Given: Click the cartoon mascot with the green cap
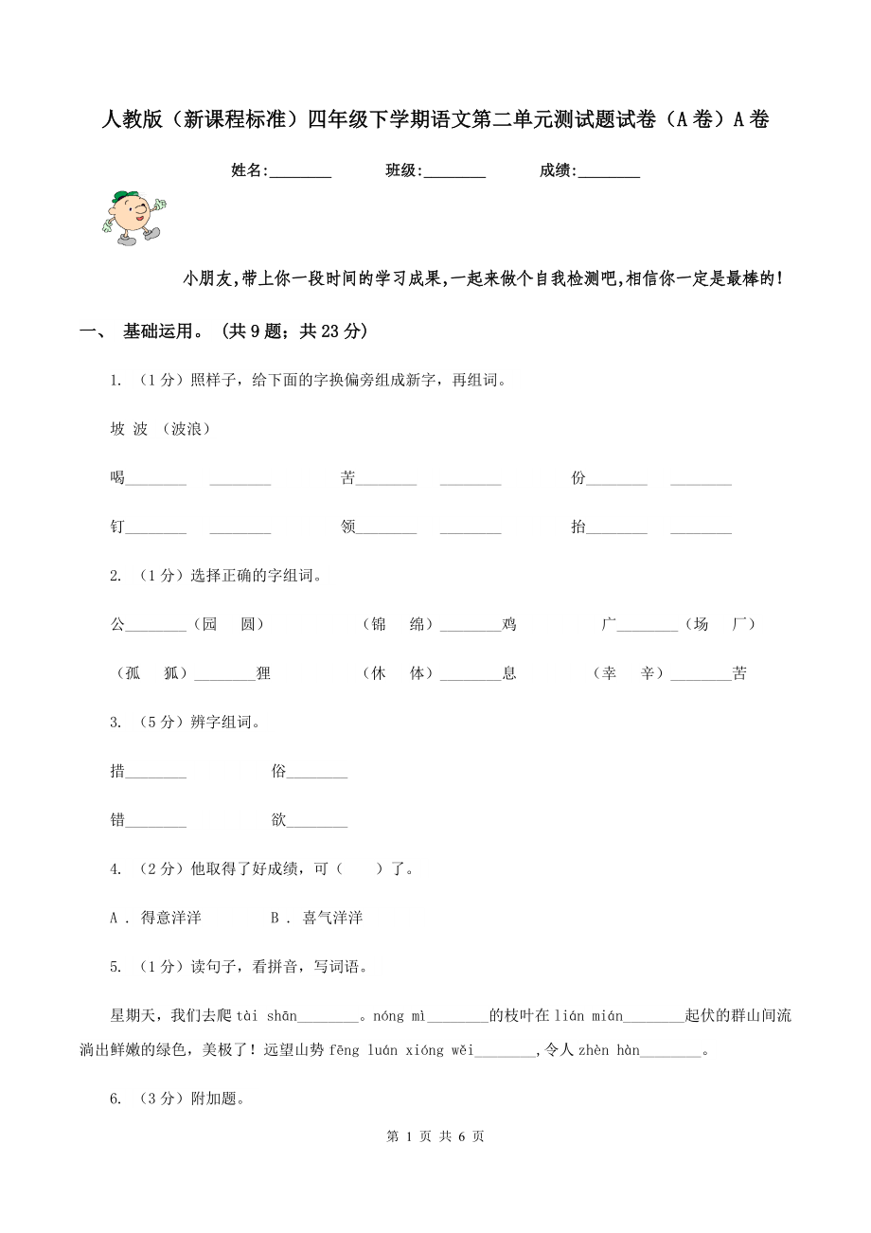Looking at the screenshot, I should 133,217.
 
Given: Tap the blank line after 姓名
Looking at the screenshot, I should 300,172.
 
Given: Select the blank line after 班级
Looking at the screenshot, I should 454,172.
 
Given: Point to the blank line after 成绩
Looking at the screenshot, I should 609,172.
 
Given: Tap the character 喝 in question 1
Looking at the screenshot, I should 117,478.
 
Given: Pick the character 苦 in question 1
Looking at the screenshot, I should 347,478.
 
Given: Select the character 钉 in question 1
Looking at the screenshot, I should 117,527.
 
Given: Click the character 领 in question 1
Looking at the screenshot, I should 347,527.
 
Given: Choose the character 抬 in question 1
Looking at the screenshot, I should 578,527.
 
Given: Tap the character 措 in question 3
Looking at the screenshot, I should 117,771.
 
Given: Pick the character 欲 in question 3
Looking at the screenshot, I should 278,820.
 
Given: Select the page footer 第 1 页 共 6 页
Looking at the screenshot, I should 435,1136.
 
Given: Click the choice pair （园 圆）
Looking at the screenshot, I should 228,624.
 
